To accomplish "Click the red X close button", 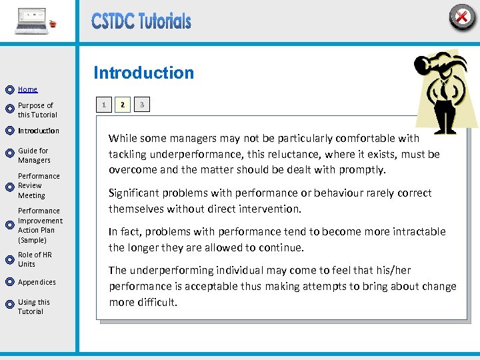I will [x=461, y=17].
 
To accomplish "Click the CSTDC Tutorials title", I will [x=141, y=21].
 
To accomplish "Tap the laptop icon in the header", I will [x=31, y=21].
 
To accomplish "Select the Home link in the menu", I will [x=27, y=89].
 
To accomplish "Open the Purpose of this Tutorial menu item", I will [x=37, y=110].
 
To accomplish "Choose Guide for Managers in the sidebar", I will [x=34, y=155].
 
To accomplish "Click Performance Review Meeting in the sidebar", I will [x=39, y=186].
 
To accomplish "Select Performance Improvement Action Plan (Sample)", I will [x=40, y=225].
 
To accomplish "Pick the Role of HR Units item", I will [x=35, y=259].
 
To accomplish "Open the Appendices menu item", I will [x=37, y=282].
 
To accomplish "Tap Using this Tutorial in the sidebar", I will [x=33, y=307].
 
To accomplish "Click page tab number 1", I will [x=103, y=105].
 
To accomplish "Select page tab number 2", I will [x=122, y=105].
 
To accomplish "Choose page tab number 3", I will [x=141, y=105].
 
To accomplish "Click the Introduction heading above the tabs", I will [x=143, y=73].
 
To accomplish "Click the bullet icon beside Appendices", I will [x=9, y=283].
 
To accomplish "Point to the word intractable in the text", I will [x=418, y=232].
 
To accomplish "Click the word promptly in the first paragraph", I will [x=363, y=170].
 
